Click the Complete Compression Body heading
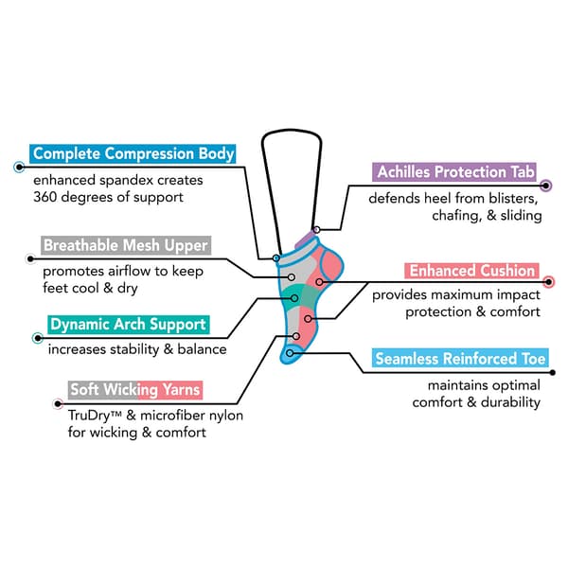tap(133, 153)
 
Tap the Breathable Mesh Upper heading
tap(126, 246)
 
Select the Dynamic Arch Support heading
tap(128, 325)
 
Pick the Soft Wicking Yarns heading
tap(135, 389)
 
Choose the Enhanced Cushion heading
tap(471, 272)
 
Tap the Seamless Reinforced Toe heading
tap(460, 359)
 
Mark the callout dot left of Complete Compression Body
tap(19, 166)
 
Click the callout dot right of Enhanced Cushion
tap(548, 280)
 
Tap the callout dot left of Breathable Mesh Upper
tap(29, 257)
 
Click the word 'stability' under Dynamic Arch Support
tap(142, 349)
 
